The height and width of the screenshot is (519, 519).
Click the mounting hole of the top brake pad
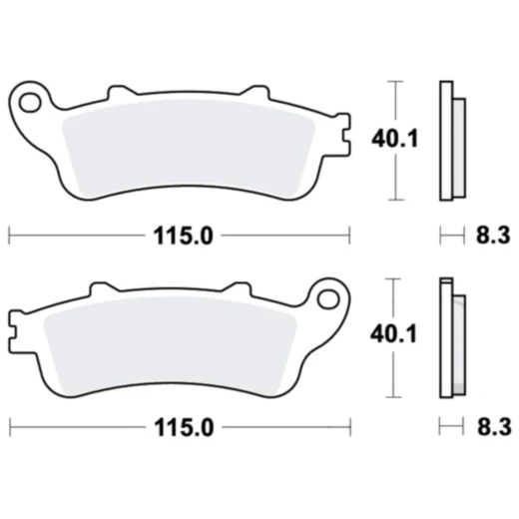(x=30, y=100)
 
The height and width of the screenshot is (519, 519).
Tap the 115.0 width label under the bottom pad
(x=182, y=427)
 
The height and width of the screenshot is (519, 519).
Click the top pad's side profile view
(x=451, y=139)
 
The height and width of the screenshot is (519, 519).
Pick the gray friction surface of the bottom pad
(x=170, y=341)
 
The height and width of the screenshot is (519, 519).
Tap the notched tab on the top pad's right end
(x=343, y=136)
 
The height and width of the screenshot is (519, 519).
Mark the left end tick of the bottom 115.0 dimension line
(x=9, y=427)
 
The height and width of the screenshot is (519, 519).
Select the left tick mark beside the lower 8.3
(x=441, y=427)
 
